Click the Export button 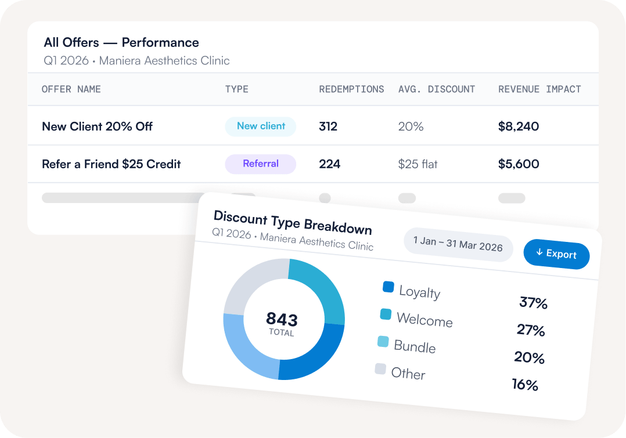pyautogui.click(x=556, y=254)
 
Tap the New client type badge pyautogui.click(x=261, y=126)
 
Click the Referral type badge pyautogui.click(x=261, y=164)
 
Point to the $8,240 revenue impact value pyautogui.click(x=518, y=126)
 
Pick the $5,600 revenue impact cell pyautogui.click(x=518, y=164)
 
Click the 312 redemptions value pyautogui.click(x=328, y=126)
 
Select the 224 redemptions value pyautogui.click(x=329, y=164)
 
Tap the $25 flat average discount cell pyautogui.click(x=418, y=164)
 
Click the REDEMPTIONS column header pyautogui.click(x=351, y=89)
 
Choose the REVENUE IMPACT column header pyautogui.click(x=539, y=89)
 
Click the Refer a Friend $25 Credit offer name pyautogui.click(x=111, y=164)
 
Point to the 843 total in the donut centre pyautogui.click(x=282, y=319)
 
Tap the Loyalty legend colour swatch pyautogui.click(x=388, y=287)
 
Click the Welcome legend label pyautogui.click(x=425, y=320)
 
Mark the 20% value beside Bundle pyautogui.click(x=530, y=357)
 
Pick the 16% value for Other pyautogui.click(x=526, y=385)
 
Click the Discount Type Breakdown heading pyautogui.click(x=293, y=223)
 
